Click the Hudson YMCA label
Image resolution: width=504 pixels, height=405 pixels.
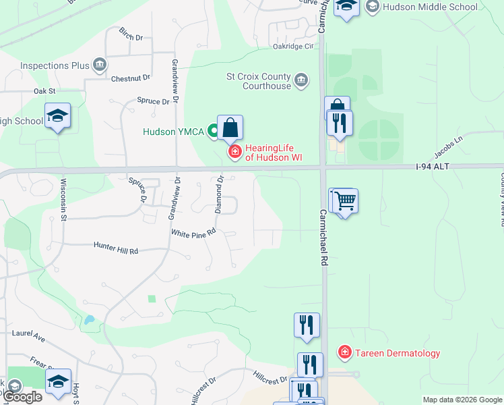pyautogui.click(x=173, y=132)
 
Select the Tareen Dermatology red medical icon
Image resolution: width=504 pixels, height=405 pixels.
pyautogui.click(x=344, y=352)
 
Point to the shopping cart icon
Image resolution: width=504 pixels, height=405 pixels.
pyautogui.click(x=344, y=200)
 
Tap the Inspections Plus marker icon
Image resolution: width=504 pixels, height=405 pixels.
pyautogui.click(x=100, y=65)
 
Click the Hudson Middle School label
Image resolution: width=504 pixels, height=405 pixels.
pyautogui.click(x=430, y=7)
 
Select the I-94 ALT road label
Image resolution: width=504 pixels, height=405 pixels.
pyautogui.click(x=433, y=166)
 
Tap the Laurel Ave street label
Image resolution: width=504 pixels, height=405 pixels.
pyautogui.click(x=28, y=333)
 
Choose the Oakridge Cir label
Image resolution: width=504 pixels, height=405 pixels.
pyautogui.click(x=294, y=47)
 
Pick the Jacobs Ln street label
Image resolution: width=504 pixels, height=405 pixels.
pyautogui.click(x=449, y=144)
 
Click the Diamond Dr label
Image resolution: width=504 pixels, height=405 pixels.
pyautogui.click(x=219, y=194)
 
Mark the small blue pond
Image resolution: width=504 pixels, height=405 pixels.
pyautogui.click(x=88, y=320)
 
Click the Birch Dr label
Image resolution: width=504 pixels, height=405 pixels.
pyautogui.click(x=131, y=32)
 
